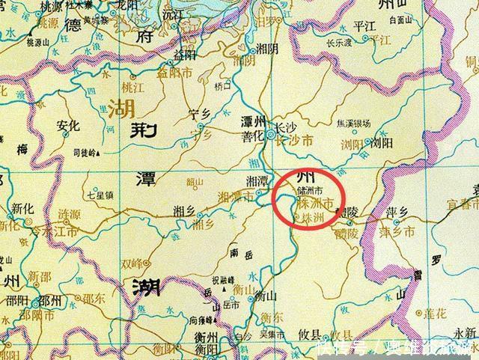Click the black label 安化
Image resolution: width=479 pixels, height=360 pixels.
tap(68, 126)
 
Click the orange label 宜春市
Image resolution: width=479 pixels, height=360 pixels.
tap(462, 202)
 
